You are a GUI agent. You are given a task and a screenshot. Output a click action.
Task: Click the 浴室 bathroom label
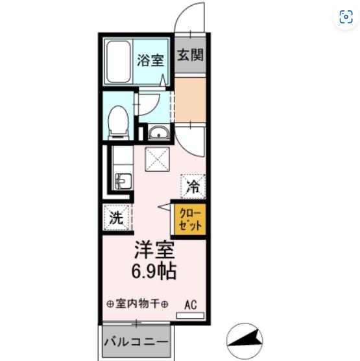[150, 60]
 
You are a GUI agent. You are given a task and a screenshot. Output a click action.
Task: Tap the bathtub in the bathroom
[119, 62]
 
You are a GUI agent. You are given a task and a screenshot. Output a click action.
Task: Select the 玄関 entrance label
[190, 55]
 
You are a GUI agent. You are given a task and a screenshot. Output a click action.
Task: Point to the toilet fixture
[118, 122]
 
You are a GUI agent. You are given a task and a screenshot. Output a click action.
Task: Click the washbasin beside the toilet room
[158, 133]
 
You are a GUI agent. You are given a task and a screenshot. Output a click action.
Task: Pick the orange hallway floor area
[190, 100]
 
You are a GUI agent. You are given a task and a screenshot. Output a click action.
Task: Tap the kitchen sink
[123, 181]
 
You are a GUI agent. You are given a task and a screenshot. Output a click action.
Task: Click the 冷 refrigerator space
[193, 186]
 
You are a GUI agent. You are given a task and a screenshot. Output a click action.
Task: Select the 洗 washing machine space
[116, 218]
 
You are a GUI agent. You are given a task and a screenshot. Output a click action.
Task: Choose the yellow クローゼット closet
[190, 220]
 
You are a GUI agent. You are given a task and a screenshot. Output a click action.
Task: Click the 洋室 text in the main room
[154, 250]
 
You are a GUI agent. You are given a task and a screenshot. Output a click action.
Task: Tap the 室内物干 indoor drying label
[138, 304]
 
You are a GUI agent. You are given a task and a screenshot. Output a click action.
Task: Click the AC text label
[191, 305]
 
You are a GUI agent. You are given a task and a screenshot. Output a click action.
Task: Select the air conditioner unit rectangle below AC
[190, 316]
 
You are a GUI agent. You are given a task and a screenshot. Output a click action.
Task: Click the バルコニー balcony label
[136, 342]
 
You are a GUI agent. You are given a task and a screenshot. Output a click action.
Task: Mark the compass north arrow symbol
[245, 341]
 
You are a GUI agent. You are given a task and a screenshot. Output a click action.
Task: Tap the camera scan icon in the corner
[346, 17]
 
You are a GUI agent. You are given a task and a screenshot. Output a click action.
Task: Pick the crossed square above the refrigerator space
[158, 159]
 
